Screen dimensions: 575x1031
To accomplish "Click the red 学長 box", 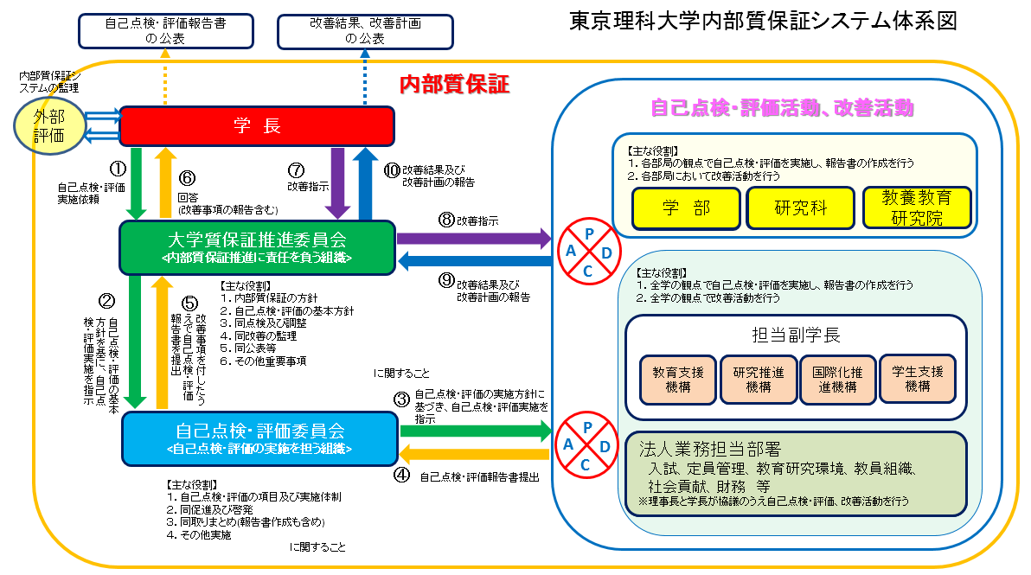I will pos(257,126).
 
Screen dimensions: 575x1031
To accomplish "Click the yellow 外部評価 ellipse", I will pos(48,125).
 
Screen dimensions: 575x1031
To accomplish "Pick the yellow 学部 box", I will pos(686,208).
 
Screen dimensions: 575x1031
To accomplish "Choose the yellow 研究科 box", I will pos(801,208).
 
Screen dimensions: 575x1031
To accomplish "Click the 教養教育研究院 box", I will pos(917,208).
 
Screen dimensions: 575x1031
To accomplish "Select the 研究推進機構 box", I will pos(758,379).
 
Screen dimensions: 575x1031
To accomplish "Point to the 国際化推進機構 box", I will pos(836,379).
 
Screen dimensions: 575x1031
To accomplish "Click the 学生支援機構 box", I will pos(917,379).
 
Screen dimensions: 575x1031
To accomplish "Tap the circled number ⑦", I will pos(297,169).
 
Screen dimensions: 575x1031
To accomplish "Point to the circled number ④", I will pos(401,474).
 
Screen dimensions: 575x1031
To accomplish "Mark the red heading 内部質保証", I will pos(454,84).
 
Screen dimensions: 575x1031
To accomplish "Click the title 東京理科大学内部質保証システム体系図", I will pos(763,22).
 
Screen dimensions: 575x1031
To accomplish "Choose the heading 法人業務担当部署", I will pos(710,450).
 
